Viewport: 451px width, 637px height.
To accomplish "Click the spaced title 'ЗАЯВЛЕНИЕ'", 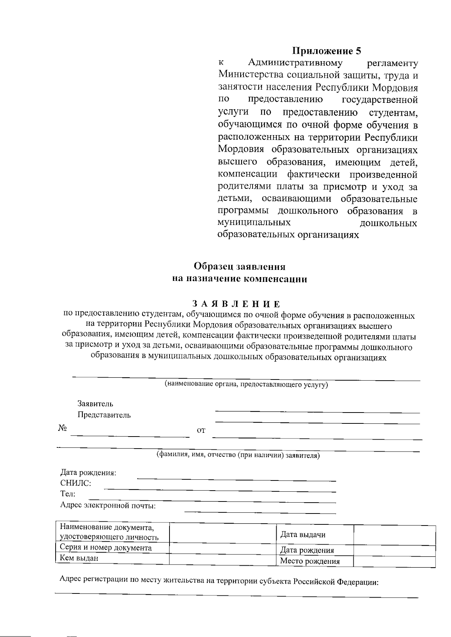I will click(x=236, y=303).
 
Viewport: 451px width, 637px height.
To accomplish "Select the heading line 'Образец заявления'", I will click(x=239, y=267).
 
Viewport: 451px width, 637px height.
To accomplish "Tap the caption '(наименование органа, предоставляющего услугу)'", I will click(x=246, y=384).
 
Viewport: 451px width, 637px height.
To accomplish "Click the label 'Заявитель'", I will click(x=95, y=404).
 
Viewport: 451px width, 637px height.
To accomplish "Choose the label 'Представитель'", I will click(x=104, y=415).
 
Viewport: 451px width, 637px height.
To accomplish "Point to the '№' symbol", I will click(x=62, y=428).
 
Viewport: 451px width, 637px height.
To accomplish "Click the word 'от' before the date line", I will click(x=201, y=431).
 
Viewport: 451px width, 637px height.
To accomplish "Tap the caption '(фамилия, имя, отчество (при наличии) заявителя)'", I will click(x=238, y=455).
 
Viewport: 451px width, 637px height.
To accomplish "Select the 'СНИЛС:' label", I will click(x=76, y=483).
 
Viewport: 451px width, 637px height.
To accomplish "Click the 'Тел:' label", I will click(x=68, y=494).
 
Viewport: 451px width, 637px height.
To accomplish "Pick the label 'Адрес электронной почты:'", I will click(x=108, y=505).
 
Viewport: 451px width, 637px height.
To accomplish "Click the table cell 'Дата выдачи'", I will click(x=303, y=535).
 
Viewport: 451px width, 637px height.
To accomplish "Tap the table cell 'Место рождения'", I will click(x=310, y=561).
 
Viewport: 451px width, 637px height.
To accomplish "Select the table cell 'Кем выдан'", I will click(x=79, y=558).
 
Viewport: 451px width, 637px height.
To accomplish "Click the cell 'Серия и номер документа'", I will click(x=106, y=548).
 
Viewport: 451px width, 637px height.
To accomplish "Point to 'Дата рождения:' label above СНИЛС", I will click(x=88, y=473).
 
